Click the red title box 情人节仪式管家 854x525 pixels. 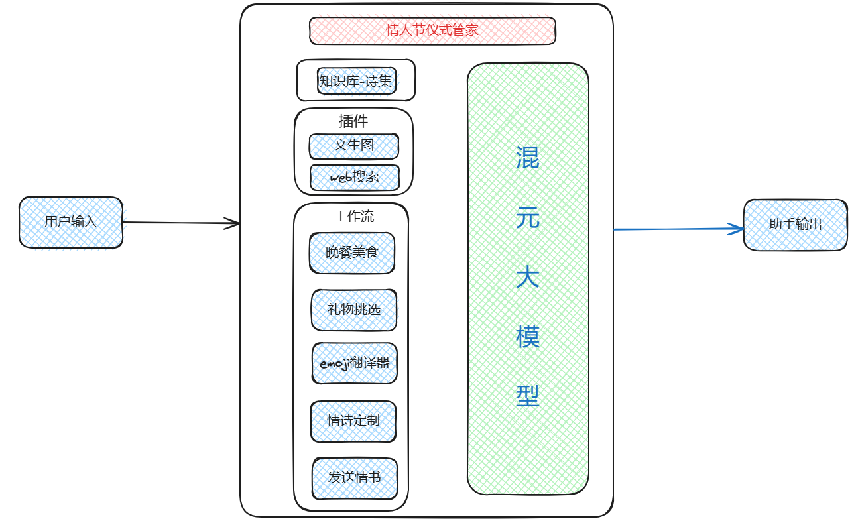click(x=432, y=30)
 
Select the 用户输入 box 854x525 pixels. click(x=71, y=222)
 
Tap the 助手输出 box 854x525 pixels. click(x=795, y=225)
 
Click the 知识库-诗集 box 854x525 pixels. click(x=356, y=82)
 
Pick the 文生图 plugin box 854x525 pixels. click(x=354, y=146)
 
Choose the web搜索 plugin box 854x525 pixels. click(x=355, y=178)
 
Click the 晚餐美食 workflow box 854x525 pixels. click(x=352, y=253)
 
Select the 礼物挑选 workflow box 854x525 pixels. click(x=354, y=310)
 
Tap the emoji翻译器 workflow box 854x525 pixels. click(x=355, y=363)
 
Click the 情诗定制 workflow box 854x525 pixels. click(x=353, y=421)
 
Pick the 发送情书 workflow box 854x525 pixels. click(x=355, y=478)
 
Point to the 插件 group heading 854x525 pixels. click(x=353, y=121)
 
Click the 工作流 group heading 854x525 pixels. click(x=354, y=216)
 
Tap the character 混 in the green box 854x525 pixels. click(x=528, y=158)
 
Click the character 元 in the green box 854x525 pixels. click(x=528, y=217)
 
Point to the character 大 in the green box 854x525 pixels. click(x=528, y=277)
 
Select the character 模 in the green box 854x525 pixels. click(x=528, y=337)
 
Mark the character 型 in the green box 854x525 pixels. click(x=528, y=396)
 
